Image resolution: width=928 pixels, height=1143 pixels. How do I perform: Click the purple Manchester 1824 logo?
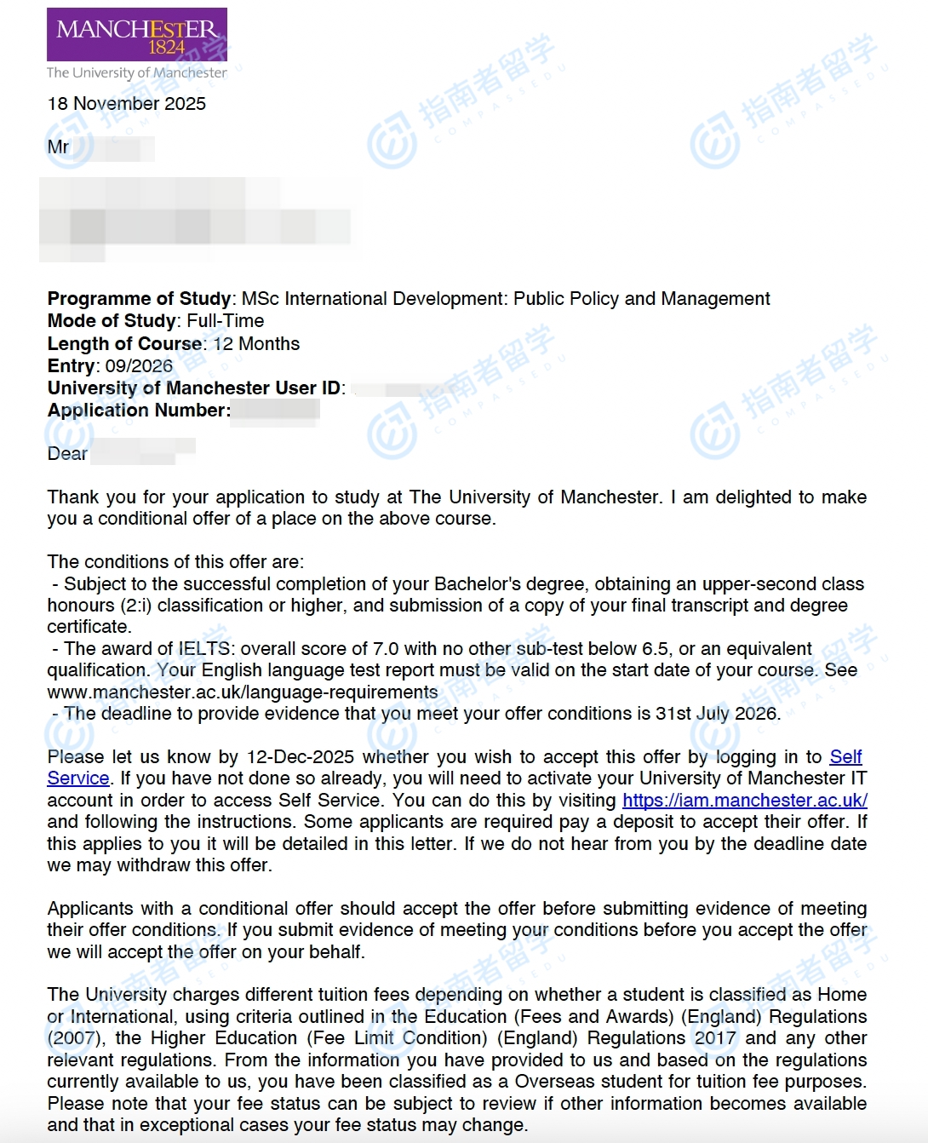pos(136,35)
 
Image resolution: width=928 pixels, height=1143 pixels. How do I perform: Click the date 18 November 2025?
pos(127,104)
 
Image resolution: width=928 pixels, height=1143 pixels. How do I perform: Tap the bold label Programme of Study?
pos(139,299)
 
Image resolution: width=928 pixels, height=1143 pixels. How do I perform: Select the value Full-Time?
pos(226,321)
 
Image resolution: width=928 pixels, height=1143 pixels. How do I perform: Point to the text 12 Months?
pos(256,344)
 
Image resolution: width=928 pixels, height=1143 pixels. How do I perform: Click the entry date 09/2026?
pos(139,366)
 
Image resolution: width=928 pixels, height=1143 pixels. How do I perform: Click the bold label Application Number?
pos(138,411)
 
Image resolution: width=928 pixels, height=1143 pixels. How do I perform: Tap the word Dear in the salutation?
pos(67,454)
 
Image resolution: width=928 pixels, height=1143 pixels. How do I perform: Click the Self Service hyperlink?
pos(845,757)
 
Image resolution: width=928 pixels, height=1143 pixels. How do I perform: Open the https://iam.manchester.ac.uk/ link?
pos(744,801)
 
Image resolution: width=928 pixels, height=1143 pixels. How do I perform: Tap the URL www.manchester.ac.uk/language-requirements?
pos(243,692)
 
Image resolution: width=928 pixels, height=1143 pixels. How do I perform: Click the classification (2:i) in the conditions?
pos(128,606)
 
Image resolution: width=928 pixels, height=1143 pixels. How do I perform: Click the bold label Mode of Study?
pos(112,321)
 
